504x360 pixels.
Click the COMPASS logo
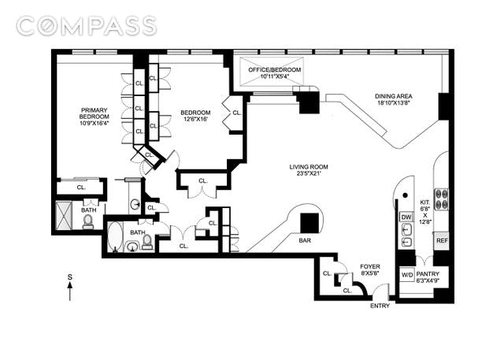click(87, 26)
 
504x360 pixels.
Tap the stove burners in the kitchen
click(441, 199)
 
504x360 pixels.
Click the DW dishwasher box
click(406, 217)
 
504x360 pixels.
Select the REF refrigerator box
click(442, 241)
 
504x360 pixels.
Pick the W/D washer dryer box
click(407, 275)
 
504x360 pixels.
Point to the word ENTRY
click(380, 306)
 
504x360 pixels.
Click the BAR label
click(305, 240)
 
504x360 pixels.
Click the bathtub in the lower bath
click(115, 237)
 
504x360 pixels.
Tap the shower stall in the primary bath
click(63, 215)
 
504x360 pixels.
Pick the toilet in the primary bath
click(87, 222)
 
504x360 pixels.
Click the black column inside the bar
click(309, 224)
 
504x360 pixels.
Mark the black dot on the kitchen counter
click(406, 195)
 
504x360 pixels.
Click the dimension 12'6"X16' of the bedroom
click(195, 119)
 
